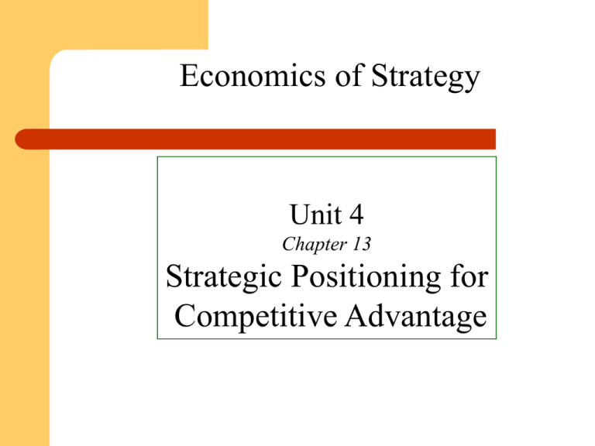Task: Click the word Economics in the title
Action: coord(253,75)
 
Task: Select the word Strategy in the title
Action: coord(426,77)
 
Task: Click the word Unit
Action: coord(316,214)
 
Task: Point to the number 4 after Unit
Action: coord(356,214)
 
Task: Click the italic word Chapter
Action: coord(315,244)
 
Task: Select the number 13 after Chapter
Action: coord(362,244)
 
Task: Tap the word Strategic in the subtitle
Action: coord(223,278)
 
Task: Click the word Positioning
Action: coord(366,278)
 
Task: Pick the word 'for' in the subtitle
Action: coord(469,276)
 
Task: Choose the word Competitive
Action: coord(256,317)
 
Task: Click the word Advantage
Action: coord(416,317)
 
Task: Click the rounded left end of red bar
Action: coord(16,139)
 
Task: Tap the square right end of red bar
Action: coord(495,139)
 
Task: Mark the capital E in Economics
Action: coord(187,75)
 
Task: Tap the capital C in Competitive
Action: coord(185,316)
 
